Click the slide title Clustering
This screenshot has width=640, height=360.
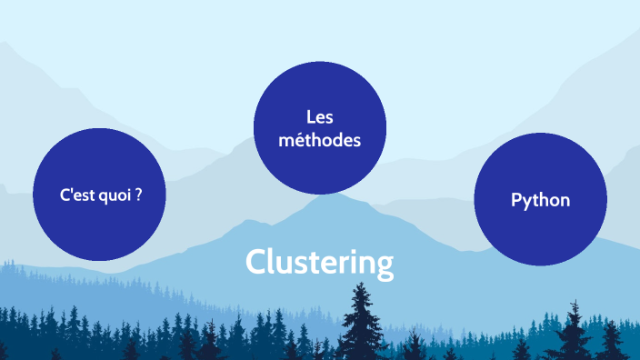(319, 263)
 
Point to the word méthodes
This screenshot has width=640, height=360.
(320, 141)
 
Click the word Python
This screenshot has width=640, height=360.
(540, 200)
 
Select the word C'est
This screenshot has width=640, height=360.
(76, 194)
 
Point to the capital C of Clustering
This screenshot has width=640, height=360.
(255, 263)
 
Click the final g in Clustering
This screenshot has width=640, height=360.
(385, 265)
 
